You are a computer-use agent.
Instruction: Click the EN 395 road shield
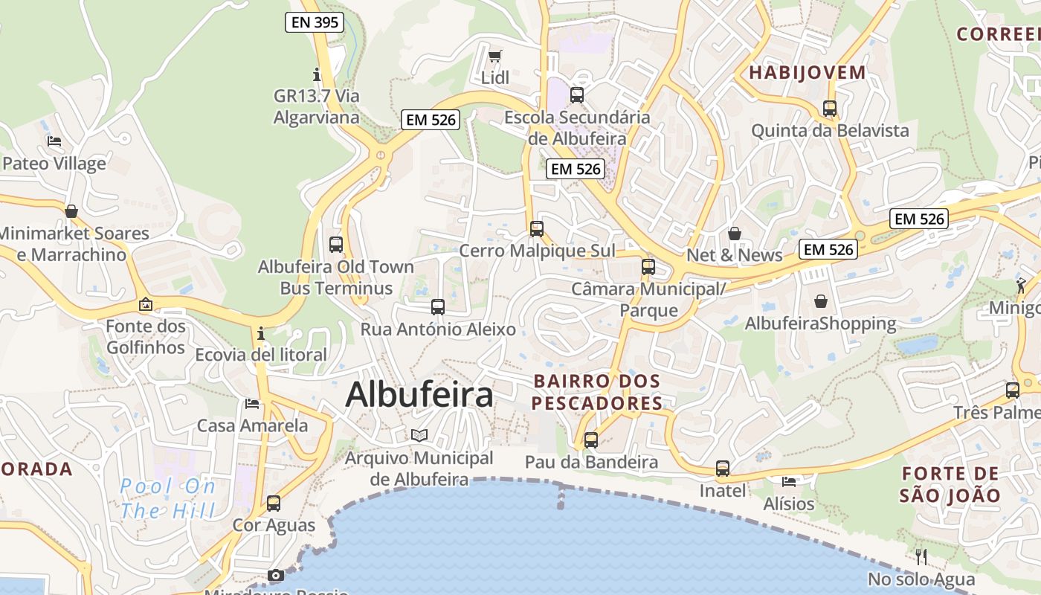click(315, 22)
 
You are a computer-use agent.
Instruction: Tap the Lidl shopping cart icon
click(494, 56)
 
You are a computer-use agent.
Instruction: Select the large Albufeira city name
click(419, 394)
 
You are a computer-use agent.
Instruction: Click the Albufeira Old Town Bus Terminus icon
click(336, 244)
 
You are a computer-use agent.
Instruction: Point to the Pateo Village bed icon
click(54, 141)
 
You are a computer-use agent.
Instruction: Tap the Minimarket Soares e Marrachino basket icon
click(71, 211)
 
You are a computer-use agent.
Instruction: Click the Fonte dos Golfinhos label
click(146, 337)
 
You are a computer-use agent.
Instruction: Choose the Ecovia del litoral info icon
click(261, 333)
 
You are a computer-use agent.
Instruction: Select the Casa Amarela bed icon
click(252, 404)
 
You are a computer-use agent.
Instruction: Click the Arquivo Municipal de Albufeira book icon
click(419, 435)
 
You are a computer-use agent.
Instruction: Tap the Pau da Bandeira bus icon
click(591, 440)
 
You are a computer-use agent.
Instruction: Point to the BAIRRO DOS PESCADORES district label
click(597, 392)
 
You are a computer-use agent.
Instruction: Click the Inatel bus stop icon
click(723, 469)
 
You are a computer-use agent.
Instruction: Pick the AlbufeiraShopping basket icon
click(821, 301)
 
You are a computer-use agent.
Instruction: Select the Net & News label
click(735, 255)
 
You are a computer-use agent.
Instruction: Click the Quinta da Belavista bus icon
click(830, 109)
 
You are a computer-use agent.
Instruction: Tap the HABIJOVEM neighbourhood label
click(808, 73)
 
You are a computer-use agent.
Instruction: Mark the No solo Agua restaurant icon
click(921, 556)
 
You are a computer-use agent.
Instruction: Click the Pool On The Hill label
click(168, 499)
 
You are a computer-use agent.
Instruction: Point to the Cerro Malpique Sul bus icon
click(537, 228)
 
